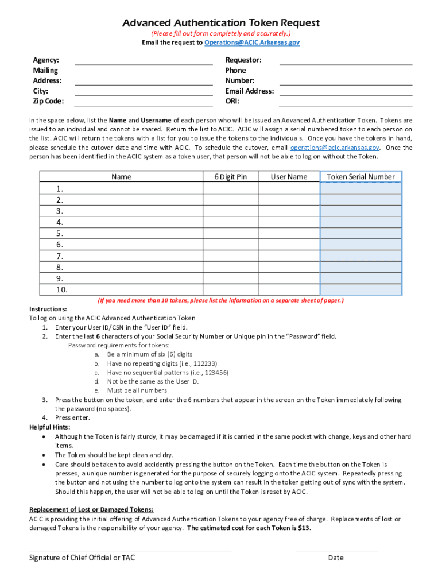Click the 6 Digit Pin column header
(231, 177)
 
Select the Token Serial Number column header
(360, 177)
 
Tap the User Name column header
(289, 177)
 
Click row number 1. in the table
(60, 189)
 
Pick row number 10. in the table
(62, 289)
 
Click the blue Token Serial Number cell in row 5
(360, 234)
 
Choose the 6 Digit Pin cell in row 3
(231, 211)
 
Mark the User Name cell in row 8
(289, 267)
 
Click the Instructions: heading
(48, 309)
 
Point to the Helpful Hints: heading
(50, 427)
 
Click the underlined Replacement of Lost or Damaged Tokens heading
(91, 510)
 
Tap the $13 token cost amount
(305, 528)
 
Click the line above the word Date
(336, 551)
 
